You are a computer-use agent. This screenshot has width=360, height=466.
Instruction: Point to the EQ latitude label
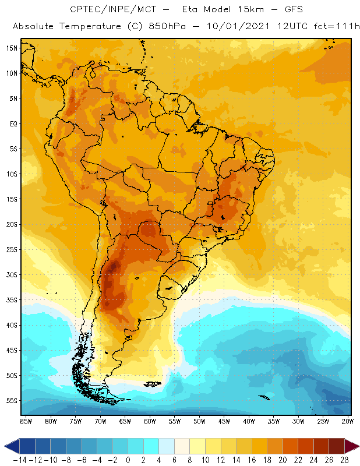coord(12,123)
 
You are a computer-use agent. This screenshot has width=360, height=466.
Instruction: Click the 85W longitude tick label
coord(26,421)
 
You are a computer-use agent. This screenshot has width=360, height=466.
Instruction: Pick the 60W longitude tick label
coord(150,421)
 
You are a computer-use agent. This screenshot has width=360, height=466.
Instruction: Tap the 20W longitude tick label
coord(348,421)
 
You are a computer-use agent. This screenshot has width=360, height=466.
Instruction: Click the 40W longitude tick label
coord(249,421)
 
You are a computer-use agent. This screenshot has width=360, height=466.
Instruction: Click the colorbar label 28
coord(345,460)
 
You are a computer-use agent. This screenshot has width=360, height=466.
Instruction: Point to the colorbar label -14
coord(20,460)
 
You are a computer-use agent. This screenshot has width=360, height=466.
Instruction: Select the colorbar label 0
coord(128,460)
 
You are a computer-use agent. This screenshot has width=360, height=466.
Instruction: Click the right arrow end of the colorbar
coord(353,447)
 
